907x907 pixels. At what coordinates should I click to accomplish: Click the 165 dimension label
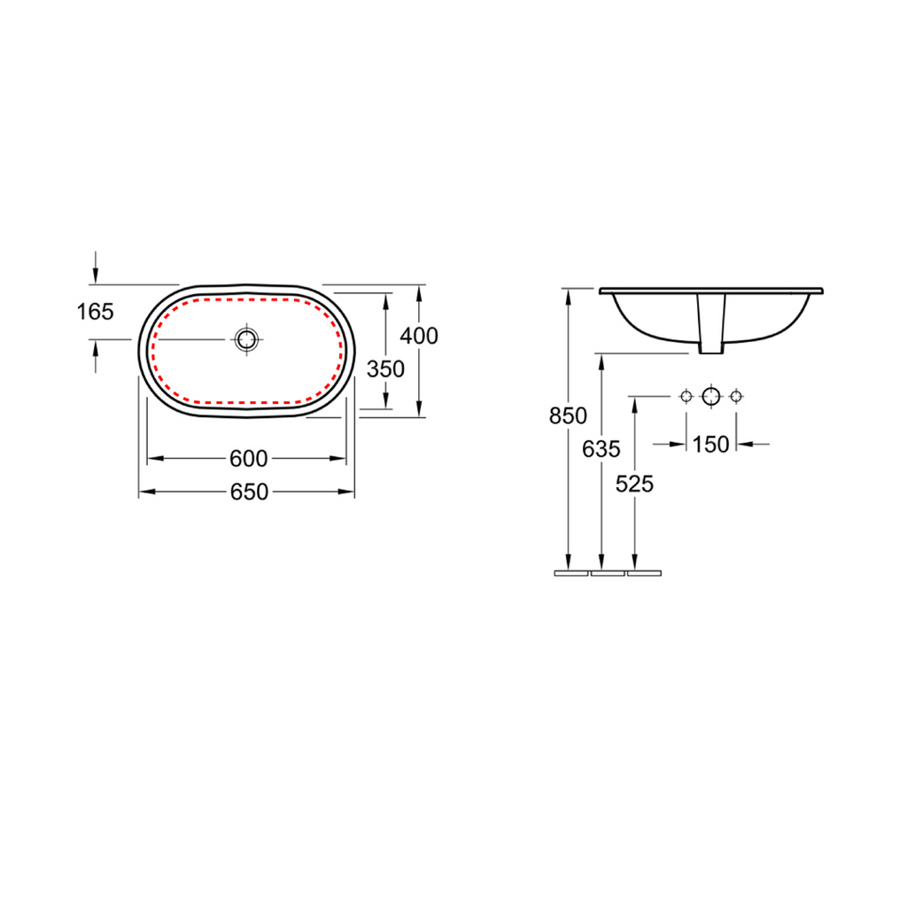[96, 312]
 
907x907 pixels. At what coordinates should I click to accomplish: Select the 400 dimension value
[419, 336]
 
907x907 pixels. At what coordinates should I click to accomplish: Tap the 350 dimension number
[385, 369]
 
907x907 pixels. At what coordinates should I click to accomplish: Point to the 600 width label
[248, 459]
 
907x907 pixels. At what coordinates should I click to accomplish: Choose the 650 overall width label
[249, 492]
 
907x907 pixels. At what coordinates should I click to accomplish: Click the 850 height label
[568, 416]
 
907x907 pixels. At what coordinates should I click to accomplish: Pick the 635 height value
[601, 449]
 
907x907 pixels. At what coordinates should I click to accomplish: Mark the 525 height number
[634, 485]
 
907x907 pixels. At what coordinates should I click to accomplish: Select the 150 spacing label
[710, 445]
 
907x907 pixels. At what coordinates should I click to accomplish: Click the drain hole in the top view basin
[246, 339]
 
